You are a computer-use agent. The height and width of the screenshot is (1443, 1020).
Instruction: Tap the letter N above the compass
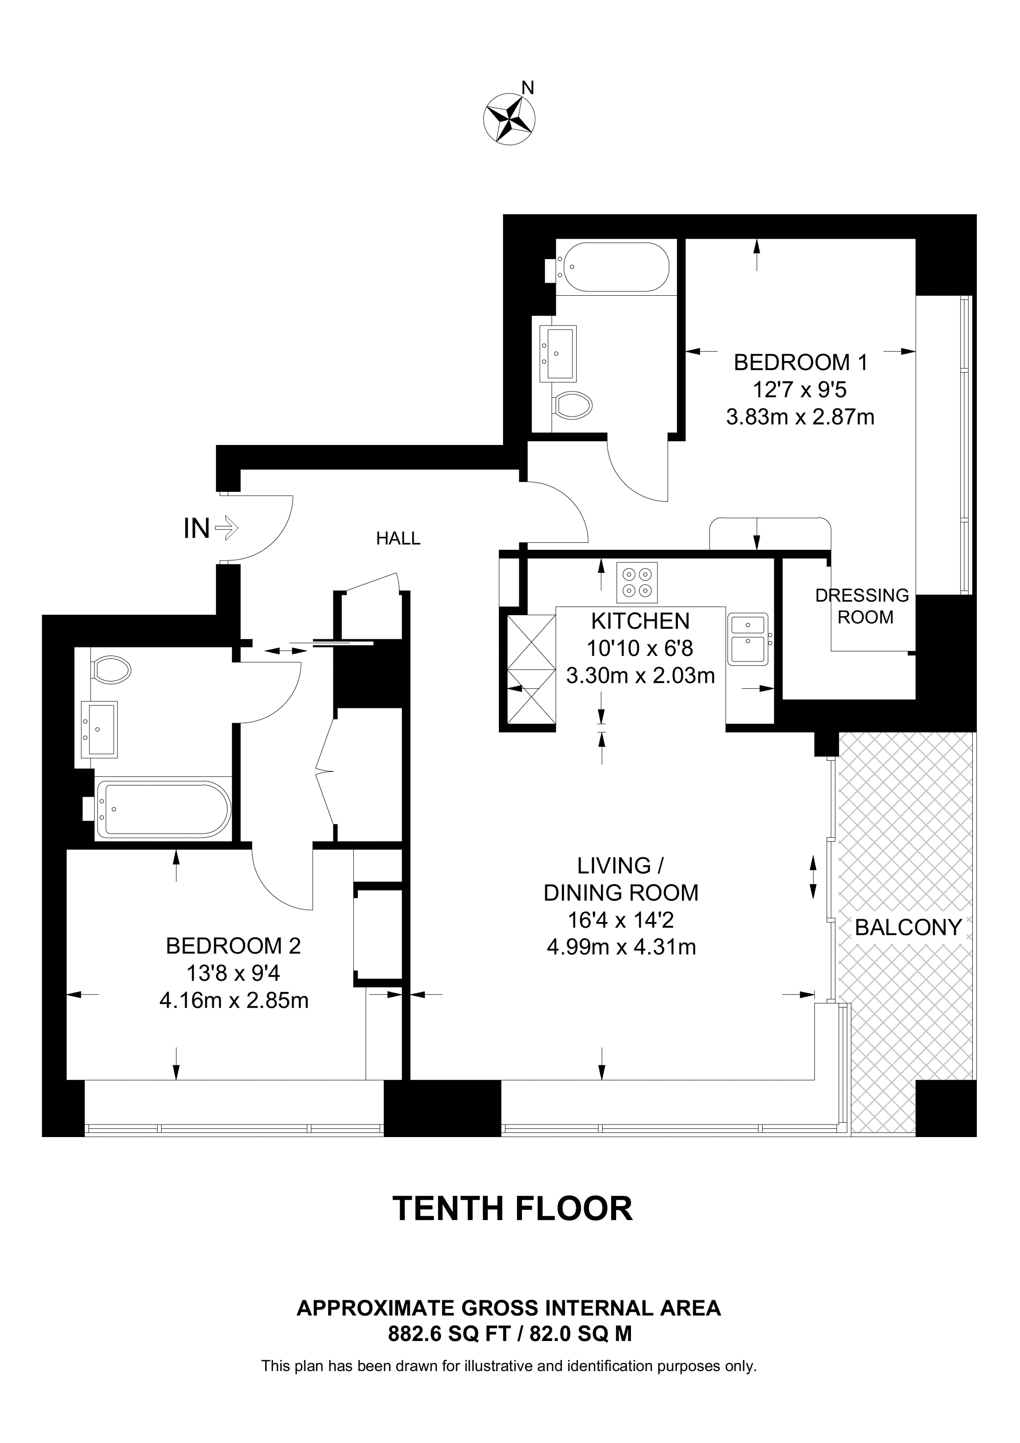[529, 88]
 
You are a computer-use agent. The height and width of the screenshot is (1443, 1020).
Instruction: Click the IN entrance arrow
[226, 528]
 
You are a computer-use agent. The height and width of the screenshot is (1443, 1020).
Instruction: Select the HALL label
[398, 538]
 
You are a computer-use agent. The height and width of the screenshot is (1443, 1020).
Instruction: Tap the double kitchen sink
[747, 639]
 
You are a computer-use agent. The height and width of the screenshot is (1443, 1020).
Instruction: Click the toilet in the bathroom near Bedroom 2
[111, 669]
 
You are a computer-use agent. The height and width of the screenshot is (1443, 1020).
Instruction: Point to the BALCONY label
[908, 927]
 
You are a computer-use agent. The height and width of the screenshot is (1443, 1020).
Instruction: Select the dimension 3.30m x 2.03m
[640, 676]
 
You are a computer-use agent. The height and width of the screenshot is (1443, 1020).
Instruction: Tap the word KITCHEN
[640, 621]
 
